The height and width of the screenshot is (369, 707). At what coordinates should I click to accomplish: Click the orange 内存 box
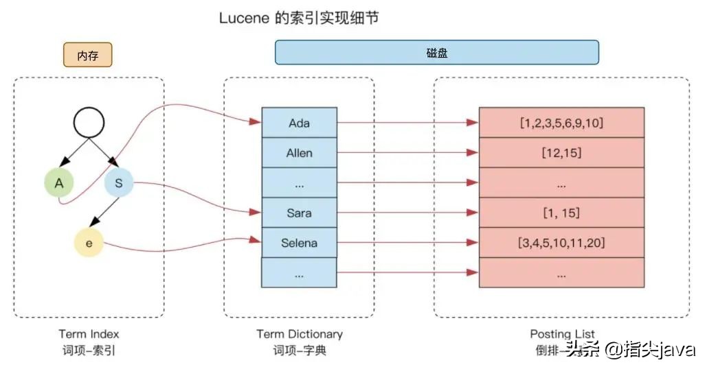(88, 55)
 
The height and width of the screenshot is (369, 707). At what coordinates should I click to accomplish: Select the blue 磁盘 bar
(436, 52)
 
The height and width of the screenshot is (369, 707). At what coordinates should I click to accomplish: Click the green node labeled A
(59, 182)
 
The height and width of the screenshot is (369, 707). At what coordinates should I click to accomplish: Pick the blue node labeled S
(118, 182)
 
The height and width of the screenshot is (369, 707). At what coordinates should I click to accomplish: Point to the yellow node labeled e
(89, 243)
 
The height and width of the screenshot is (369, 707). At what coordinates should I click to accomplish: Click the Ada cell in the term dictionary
(299, 123)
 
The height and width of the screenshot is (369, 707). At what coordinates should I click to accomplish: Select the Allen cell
(299, 153)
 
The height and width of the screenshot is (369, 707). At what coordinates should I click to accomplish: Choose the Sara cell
(299, 213)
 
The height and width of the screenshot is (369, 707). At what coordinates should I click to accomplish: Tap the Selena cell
(299, 243)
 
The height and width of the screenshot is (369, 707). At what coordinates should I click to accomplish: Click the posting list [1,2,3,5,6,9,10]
(561, 123)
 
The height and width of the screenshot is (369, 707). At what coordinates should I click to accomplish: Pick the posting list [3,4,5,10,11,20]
(561, 243)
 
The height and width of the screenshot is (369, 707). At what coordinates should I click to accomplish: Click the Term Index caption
(89, 334)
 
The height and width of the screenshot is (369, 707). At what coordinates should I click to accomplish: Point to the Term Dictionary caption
(299, 334)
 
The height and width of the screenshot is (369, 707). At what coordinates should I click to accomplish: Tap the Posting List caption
(561, 334)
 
